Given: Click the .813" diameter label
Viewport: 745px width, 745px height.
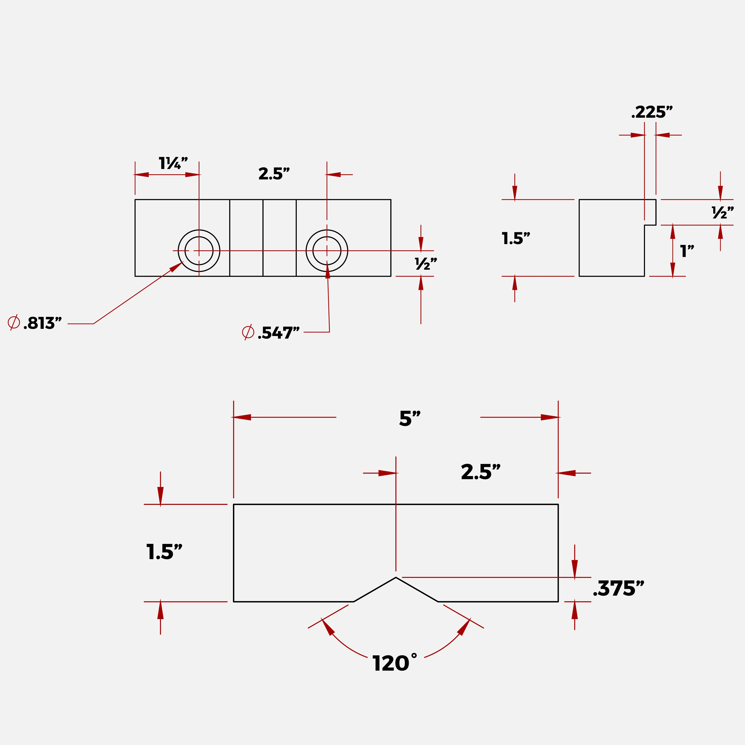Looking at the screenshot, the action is pyautogui.click(x=42, y=323).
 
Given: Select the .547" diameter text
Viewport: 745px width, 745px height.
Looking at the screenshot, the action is pyautogui.click(x=278, y=333).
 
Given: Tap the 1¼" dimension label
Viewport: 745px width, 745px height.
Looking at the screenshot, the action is pyautogui.click(x=173, y=163).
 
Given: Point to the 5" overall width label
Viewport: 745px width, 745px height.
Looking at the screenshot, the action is pyautogui.click(x=410, y=418).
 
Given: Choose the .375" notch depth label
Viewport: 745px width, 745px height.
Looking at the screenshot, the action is pyautogui.click(x=618, y=589).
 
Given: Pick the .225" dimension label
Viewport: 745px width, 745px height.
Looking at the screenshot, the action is pyautogui.click(x=652, y=112).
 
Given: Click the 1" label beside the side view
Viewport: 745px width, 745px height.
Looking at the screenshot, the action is pyautogui.click(x=687, y=251).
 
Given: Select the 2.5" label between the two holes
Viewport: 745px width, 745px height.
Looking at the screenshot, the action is pyautogui.click(x=274, y=174).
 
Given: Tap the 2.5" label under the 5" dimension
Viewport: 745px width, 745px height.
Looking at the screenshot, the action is pyautogui.click(x=481, y=472).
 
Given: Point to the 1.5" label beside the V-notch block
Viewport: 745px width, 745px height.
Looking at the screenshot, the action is pyautogui.click(x=164, y=552).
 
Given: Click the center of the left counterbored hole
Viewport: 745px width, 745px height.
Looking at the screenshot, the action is pyautogui.click(x=199, y=251).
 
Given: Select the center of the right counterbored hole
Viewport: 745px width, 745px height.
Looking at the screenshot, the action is pyautogui.click(x=327, y=251).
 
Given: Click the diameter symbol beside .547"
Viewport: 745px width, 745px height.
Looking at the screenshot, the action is pyautogui.click(x=248, y=332).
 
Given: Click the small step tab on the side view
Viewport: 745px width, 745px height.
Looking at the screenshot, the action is pyautogui.click(x=650, y=212).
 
